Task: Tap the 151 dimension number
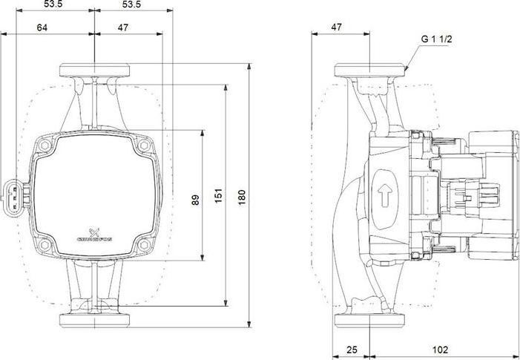(x=219, y=196)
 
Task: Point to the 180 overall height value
(x=241, y=197)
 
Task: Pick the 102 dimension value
(x=440, y=349)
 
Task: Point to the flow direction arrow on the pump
(x=384, y=198)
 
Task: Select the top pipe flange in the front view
(x=95, y=71)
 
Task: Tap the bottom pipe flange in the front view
(x=95, y=321)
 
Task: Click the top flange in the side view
(x=370, y=71)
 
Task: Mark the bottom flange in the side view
(x=370, y=321)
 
